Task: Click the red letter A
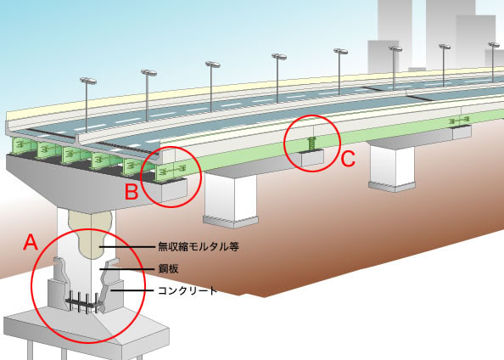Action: pos(31,242)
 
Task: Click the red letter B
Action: pos(132,192)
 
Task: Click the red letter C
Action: pos(348,159)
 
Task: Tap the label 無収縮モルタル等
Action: pos(199,247)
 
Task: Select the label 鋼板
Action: pos(168,268)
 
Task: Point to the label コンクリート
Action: pos(188,290)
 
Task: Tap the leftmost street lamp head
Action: pos(88,81)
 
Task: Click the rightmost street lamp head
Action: pos(494,45)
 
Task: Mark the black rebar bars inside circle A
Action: pos(82,302)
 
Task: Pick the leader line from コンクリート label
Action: pos(132,291)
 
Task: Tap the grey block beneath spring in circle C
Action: pos(311,159)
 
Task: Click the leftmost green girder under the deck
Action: pos(21,145)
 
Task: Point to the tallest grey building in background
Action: pos(450,34)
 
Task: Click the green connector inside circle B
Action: pos(174,169)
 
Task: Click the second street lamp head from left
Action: pos(148,73)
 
